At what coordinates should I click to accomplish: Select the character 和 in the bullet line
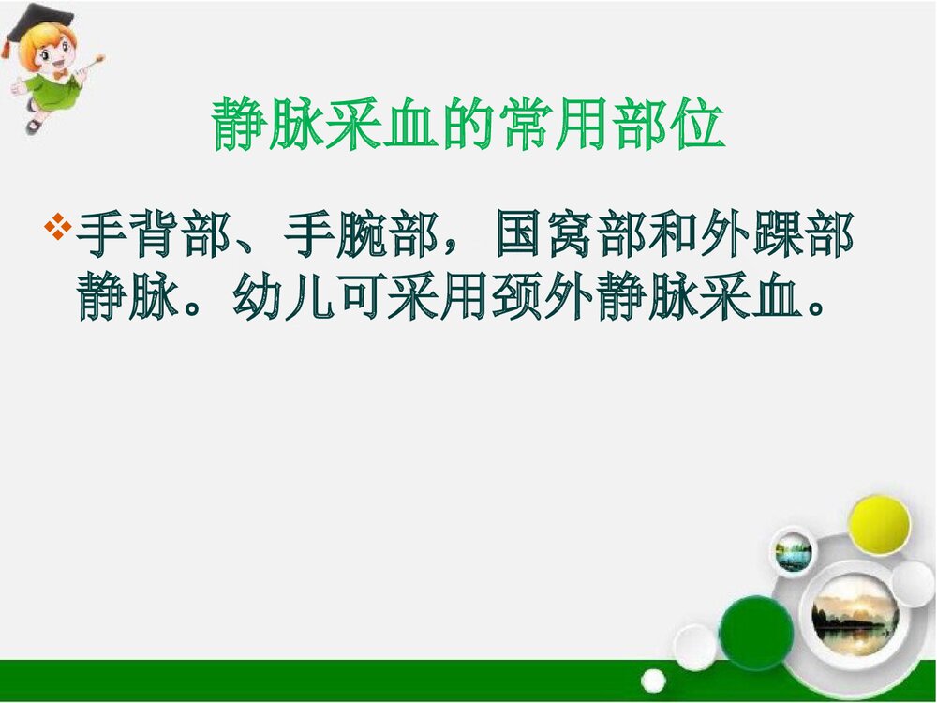coord(680,239)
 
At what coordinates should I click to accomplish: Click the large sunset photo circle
coord(854,615)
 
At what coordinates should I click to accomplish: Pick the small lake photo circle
coord(793,554)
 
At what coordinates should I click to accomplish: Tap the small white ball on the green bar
coord(653,681)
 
